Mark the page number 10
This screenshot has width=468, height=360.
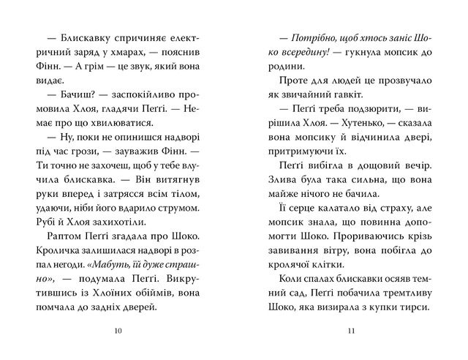pos(119,331)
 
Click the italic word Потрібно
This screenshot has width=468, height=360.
pos(315,37)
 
